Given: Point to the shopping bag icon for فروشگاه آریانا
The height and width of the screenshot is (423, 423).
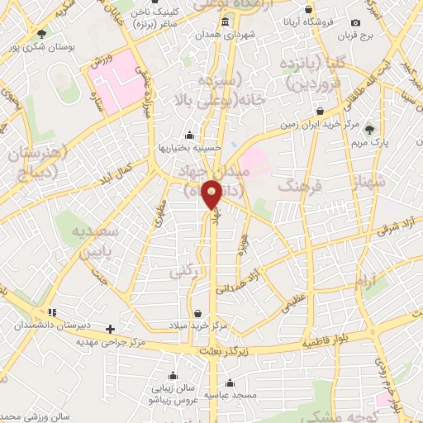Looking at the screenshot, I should [x=308, y=10].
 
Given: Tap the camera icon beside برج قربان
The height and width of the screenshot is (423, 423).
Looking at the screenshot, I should [x=355, y=22].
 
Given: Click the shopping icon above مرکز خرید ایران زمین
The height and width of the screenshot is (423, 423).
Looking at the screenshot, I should [x=320, y=111].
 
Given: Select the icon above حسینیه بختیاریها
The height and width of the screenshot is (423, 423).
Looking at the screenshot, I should [x=190, y=135].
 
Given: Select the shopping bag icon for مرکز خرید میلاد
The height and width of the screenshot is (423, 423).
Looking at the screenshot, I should [x=198, y=312].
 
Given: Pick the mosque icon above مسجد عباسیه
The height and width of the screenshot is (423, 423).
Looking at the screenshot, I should [x=228, y=383].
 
